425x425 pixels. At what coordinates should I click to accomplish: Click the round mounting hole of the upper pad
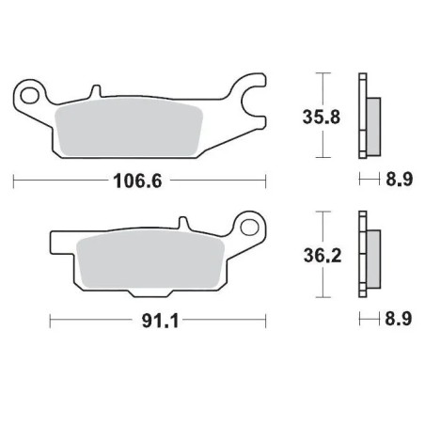pyautogui.click(x=30, y=94)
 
